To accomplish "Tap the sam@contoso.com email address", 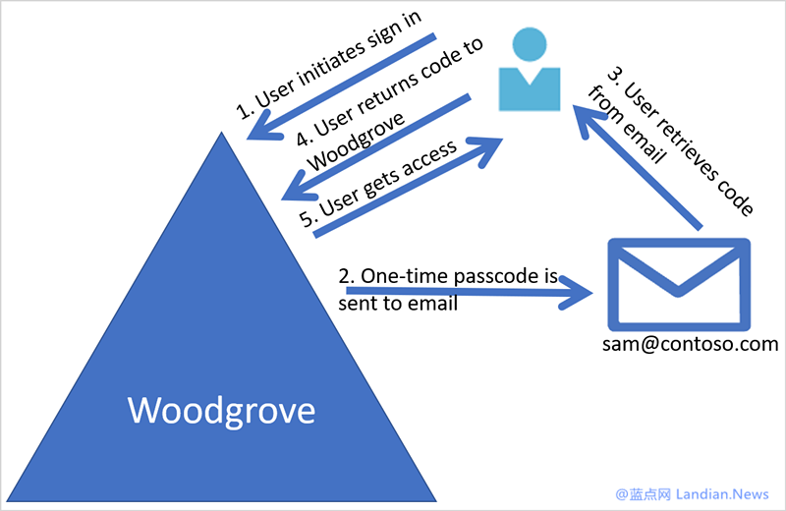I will [691, 344].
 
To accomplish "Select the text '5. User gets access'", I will [378, 186].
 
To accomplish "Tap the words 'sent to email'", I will [397, 303].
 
